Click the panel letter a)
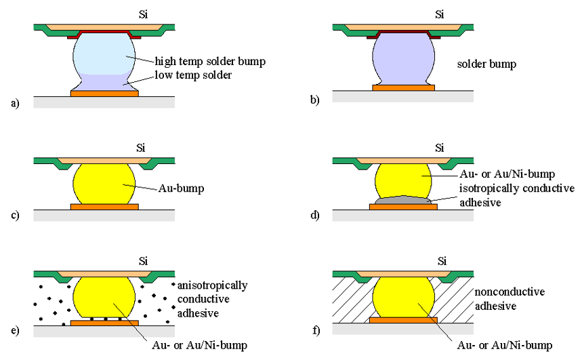coord(15,103)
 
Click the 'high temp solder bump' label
coord(210,61)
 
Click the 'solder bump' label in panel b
coord(486,64)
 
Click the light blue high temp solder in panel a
coord(105,54)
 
